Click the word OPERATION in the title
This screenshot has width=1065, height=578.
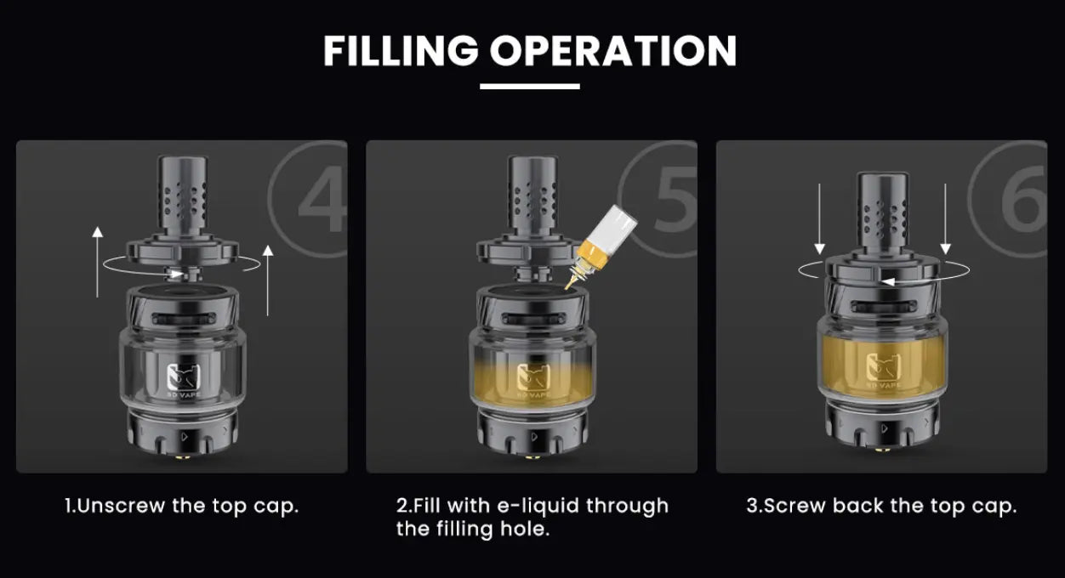coord(612,51)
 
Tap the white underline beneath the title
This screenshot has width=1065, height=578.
coord(530,86)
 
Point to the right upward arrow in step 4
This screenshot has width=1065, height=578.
coord(268,280)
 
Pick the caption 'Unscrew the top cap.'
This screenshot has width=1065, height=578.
coord(182,507)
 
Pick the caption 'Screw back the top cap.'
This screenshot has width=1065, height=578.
coord(881,507)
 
